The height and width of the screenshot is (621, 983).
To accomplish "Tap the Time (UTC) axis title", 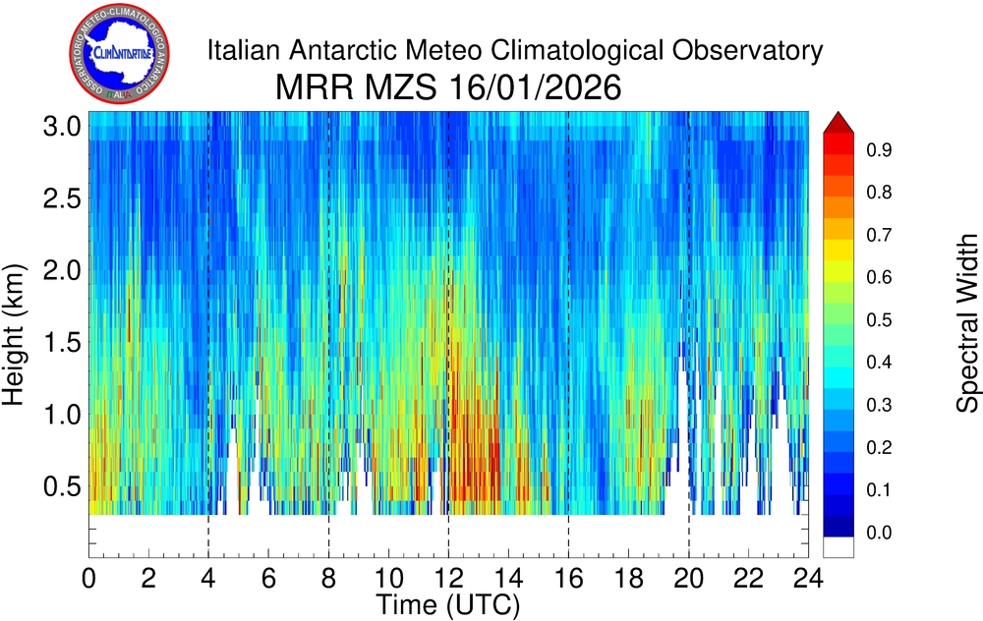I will [x=448, y=601].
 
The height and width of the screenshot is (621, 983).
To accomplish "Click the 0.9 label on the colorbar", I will [x=879, y=150].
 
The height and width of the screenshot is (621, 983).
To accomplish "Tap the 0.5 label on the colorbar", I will [x=879, y=320].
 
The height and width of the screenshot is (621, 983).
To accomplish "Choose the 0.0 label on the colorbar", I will [x=879, y=533].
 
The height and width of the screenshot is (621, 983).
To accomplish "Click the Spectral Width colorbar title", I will [x=968, y=323].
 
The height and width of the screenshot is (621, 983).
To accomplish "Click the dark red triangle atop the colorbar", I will [x=838, y=122].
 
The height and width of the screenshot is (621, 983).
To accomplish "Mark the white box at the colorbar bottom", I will [x=838, y=546].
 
